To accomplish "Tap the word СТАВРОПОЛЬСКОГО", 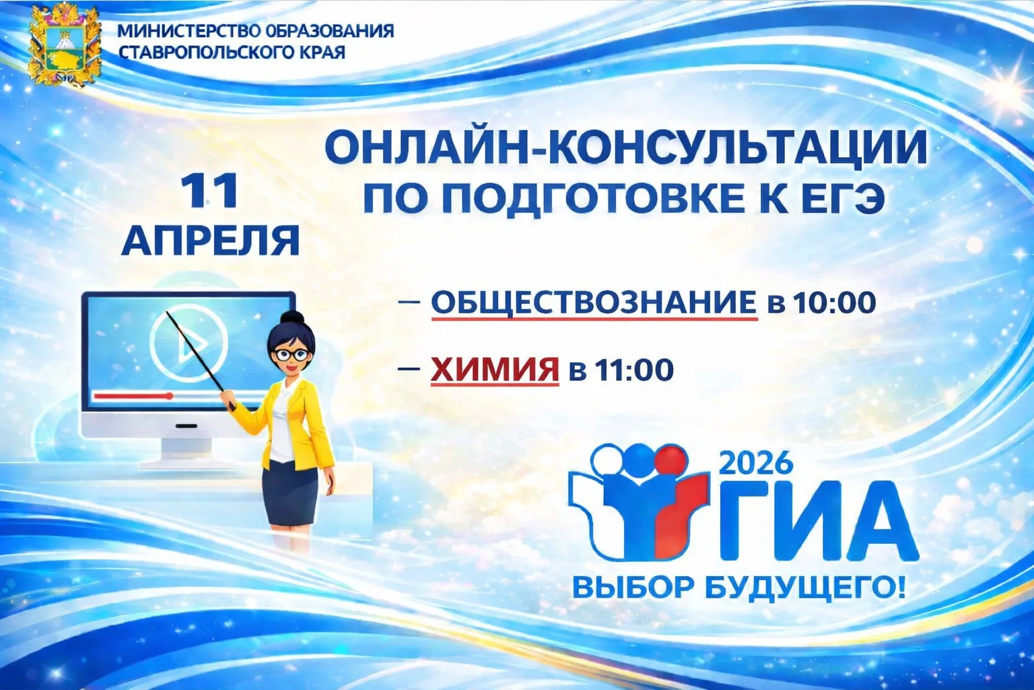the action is click(x=203, y=53).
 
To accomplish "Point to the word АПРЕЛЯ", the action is click(x=211, y=241).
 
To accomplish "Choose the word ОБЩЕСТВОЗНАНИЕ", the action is click(x=594, y=303).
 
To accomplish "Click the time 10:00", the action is click(x=835, y=303).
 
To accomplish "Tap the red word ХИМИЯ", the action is click(x=495, y=370).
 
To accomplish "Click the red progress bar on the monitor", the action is click(x=134, y=396).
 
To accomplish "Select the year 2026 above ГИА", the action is click(x=756, y=463).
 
